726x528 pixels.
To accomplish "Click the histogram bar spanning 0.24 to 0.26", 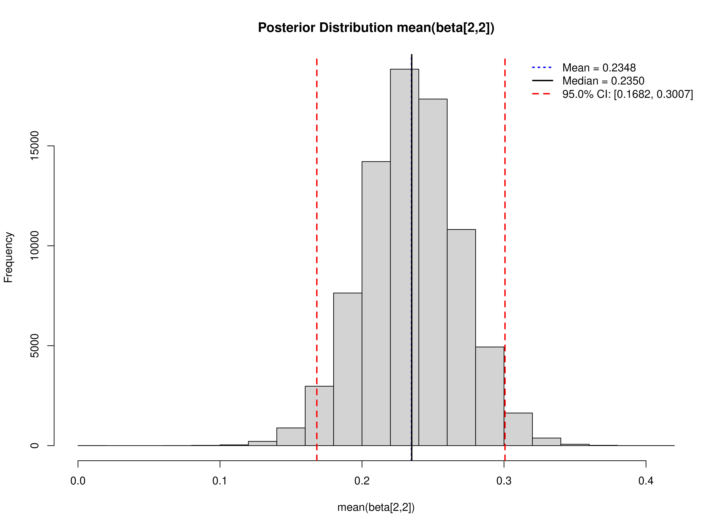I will (433, 272).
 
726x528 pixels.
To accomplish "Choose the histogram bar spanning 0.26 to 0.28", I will (461, 336).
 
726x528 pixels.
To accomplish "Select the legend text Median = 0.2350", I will (603, 81).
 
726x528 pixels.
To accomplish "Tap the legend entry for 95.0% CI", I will (627, 94).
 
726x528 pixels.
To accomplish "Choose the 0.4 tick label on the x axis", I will (646, 481).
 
